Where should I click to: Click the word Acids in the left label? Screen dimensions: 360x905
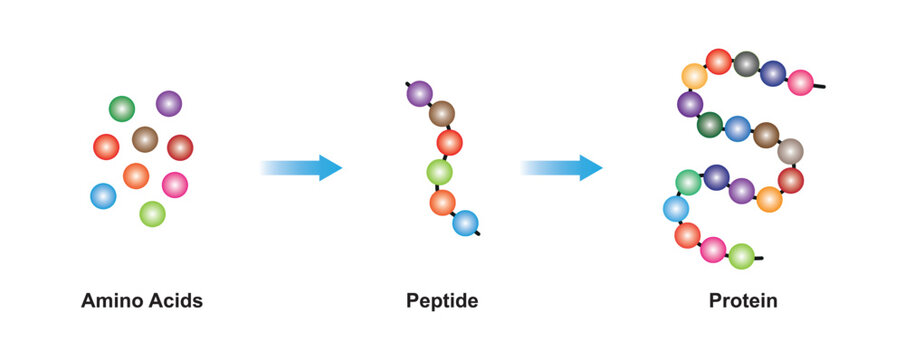point(175,300)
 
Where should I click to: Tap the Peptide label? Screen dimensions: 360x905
point(441,300)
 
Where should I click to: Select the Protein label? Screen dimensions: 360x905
point(743,300)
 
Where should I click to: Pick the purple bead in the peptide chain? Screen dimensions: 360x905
point(420,94)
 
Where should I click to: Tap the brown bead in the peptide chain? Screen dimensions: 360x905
point(442,114)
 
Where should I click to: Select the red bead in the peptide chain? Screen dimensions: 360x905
point(450,143)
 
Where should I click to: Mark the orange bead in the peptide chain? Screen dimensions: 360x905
point(443,202)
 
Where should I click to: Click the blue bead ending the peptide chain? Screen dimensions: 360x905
point(465,223)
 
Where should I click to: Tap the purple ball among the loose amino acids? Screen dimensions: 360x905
point(169,103)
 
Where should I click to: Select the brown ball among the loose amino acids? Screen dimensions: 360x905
point(145,139)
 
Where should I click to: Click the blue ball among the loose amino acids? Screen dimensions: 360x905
point(103,196)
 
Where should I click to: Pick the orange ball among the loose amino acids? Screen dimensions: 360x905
point(136,176)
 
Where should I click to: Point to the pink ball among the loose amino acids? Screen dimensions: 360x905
point(175,185)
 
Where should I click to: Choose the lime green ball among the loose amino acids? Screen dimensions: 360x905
point(152,214)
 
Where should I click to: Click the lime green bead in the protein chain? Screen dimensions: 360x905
point(741,256)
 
